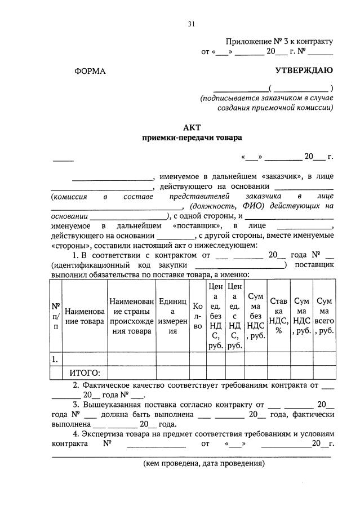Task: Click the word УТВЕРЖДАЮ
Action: coord(304,70)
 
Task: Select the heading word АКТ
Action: coord(192,127)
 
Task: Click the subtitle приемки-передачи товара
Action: coord(192,138)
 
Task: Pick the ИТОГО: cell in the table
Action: coord(85,372)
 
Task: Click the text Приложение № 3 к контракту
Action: coord(279,41)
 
